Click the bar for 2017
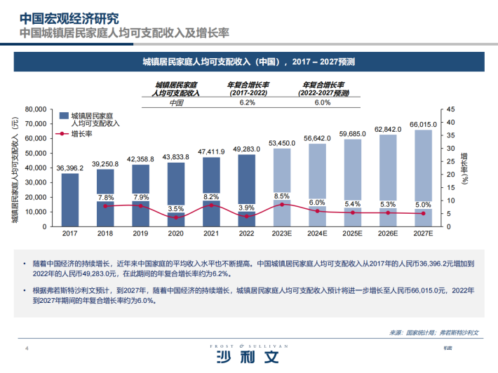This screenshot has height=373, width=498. pos(69,199)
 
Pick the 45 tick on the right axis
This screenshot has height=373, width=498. pos(450,109)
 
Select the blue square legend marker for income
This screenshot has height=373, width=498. pos(64,114)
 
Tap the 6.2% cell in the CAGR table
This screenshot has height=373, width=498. pos(247,102)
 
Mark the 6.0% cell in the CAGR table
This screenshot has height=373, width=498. pos(322,102)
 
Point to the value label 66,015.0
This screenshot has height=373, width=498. pos(424,124)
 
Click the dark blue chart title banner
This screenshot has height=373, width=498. pos(248,62)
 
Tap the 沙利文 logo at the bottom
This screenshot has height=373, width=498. pos(248,358)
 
